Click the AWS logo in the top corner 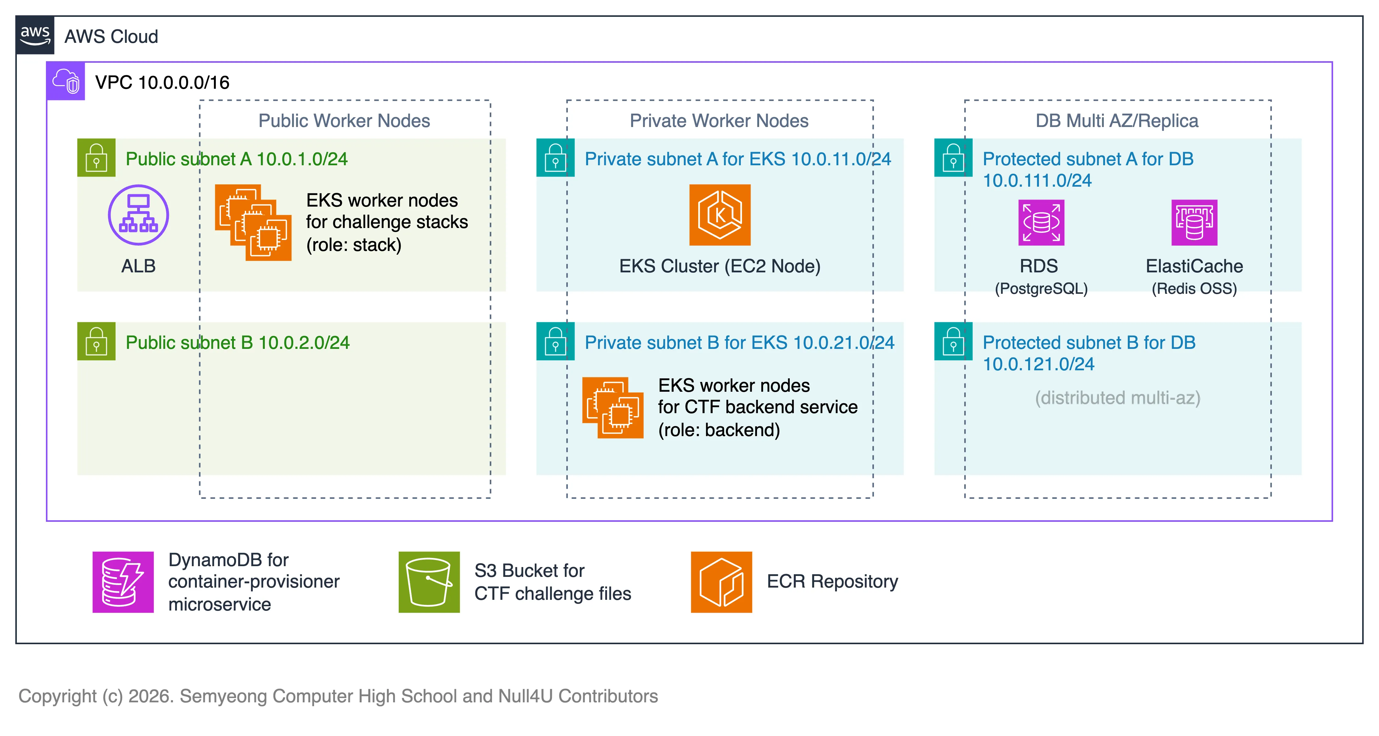coord(35,35)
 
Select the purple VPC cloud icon coord(65,81)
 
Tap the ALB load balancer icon coord(138,215)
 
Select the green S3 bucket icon coord(429,582)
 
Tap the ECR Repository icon coord(721,582)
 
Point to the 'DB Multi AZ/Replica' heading coord(1117,121)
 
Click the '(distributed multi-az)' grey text coord(1117,398)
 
